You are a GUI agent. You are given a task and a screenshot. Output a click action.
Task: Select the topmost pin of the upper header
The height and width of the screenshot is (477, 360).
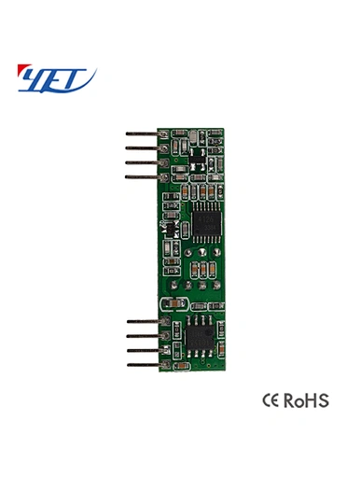click(140, 135)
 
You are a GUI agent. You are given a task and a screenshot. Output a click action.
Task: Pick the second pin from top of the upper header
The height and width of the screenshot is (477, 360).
click(140, 148)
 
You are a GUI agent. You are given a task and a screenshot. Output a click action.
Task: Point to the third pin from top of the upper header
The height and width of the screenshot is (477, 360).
click(140, 161)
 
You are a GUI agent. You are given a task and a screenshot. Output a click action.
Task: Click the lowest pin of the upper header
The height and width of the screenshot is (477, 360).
click(140, 175)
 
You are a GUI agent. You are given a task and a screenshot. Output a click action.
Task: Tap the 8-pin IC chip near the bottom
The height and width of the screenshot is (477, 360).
click(200, 337)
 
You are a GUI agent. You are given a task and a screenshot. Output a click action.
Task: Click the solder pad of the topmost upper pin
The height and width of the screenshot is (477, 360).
click(164, 136)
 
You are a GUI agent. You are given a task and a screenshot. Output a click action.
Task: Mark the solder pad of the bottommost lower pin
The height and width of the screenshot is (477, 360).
click(166, 361)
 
